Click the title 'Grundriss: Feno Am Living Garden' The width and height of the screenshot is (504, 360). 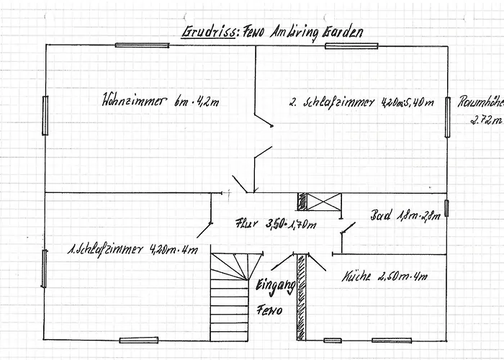pos(272,32)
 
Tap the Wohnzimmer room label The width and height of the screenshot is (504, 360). pos(161,101)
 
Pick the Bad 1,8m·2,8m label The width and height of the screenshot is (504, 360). pos(404,216)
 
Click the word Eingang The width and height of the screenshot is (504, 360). pos(275,286)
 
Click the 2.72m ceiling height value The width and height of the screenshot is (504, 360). pos(482,120)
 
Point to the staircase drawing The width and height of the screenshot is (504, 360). pos(229,296)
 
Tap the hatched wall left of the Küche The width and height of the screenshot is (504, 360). pos(302,297)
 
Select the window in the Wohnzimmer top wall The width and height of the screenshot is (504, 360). pos(142,45)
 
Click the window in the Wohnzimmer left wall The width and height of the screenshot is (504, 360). pos(45,115)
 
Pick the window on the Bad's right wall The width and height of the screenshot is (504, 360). pos(446,208)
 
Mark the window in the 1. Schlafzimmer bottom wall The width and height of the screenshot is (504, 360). pos(138,340)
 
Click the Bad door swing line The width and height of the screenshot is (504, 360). pos(347,229)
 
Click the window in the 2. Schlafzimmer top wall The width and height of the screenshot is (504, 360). pos(351,45)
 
